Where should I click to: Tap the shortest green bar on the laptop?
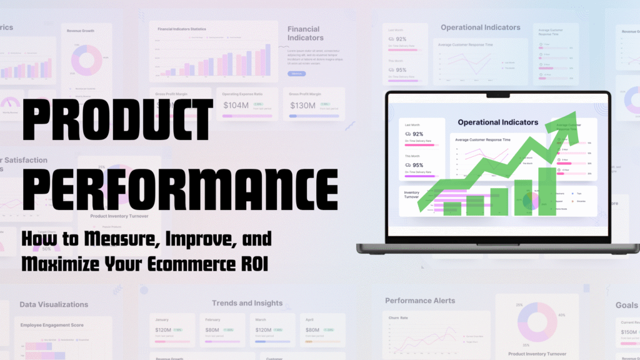click(452, 209)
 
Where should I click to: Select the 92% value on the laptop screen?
click(417, 134)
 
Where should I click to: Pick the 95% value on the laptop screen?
click(417, 166)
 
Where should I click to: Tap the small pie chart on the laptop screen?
click(531, 201)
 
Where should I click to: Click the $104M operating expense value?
click(236, 106)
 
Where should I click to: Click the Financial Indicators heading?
click(304, 33)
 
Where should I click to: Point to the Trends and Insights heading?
click(247, 304)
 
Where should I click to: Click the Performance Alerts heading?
click(420, 301)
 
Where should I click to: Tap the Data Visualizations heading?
click(54, 304)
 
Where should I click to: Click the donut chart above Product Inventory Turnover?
click(536, 322)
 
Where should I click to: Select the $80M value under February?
click(213, 330)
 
